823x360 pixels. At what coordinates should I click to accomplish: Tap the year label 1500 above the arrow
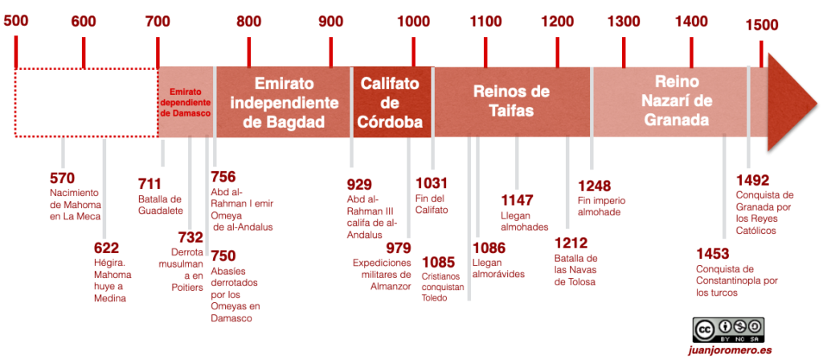click(761, 25)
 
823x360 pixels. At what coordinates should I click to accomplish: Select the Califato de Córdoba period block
click(391, 103)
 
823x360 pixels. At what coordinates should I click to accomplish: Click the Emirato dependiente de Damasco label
click(186, 103)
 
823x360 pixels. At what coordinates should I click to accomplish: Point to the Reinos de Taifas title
click(511, 100)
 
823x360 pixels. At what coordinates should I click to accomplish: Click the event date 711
click(150, 183)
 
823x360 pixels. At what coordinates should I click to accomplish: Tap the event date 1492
click(753, 179)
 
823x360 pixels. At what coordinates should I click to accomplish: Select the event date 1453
click(713, 253)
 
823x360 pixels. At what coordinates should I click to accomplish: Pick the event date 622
click(106, 248)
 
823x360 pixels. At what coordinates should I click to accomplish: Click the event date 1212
click(571, 243)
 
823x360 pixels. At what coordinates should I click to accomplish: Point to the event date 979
click(398, 247)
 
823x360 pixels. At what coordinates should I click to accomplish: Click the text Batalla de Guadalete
click(161, 205)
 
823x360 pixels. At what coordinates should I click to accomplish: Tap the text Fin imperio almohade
click(601, 207)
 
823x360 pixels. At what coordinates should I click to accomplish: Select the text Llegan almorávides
click(498, 268)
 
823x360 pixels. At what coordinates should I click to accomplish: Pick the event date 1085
click(438, 262)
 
